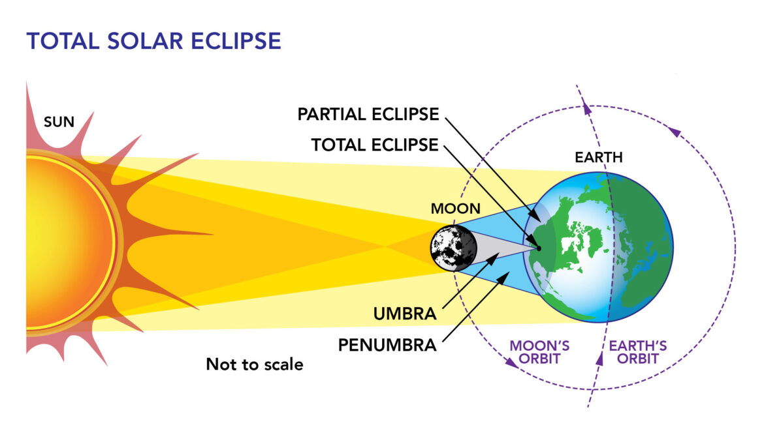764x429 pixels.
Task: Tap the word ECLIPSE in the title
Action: [x=233, y=41]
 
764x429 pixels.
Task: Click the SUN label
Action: [x=58, y=121]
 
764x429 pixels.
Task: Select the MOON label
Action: [x=455, y=209]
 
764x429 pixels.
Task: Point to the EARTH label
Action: [x=598, y=158]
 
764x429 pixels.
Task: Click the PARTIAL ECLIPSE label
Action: [x=368, y=114]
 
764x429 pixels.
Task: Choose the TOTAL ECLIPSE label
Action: [x=375, y=145]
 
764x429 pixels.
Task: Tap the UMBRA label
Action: [x=405, y=314]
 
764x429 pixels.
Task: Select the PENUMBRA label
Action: [x=387, y=344]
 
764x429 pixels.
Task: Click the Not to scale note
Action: [x=255, y=364]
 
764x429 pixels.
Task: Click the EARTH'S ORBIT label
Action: [x=638, y=352]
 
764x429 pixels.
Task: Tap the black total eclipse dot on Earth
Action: [x=539, y=248]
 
